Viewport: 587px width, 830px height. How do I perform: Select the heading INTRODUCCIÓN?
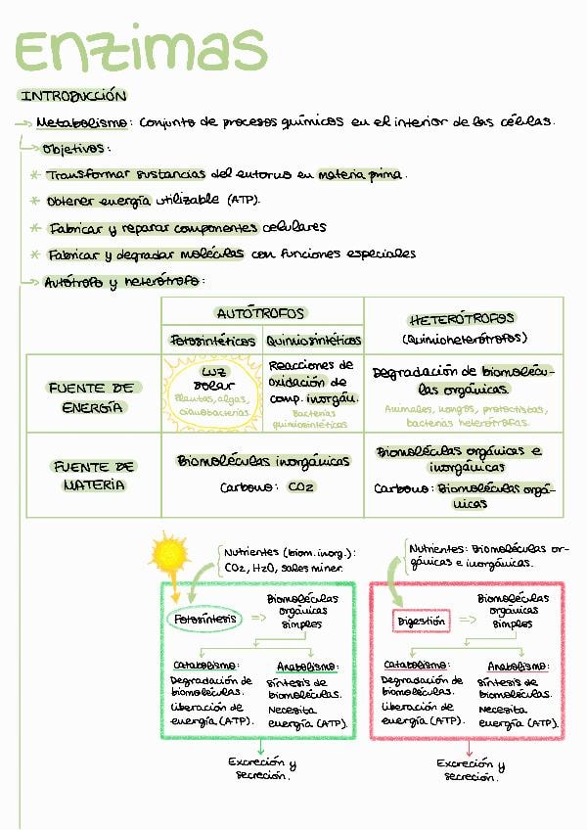(73, 96)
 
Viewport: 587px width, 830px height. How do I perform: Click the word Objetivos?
(74, 149)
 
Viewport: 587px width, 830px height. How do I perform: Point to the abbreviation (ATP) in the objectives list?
(243, 201)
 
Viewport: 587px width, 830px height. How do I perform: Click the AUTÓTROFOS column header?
(260, 314)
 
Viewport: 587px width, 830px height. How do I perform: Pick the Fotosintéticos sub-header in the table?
(210, 341)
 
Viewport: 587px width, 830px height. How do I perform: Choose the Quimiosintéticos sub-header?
(313, 341)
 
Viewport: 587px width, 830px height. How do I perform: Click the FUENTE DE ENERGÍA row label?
(93, 396)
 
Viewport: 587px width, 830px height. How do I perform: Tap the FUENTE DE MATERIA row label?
(94, 476)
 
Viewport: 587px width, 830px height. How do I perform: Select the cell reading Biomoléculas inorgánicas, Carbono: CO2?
(262, 473)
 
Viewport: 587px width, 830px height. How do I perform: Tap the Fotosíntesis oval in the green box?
(205, 619)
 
